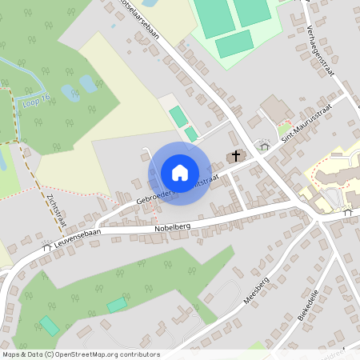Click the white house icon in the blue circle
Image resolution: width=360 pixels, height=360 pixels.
tap(180, 172)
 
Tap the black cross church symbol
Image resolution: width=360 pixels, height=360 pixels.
tap(236, 156)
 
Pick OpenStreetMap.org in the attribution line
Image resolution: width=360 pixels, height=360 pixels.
tap(85, 354)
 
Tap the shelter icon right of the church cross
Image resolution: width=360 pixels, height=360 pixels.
tap(262, 145)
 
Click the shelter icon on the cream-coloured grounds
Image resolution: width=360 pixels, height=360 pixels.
tap(346, 213)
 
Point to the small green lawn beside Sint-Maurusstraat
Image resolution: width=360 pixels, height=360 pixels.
tap(284, 128)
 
